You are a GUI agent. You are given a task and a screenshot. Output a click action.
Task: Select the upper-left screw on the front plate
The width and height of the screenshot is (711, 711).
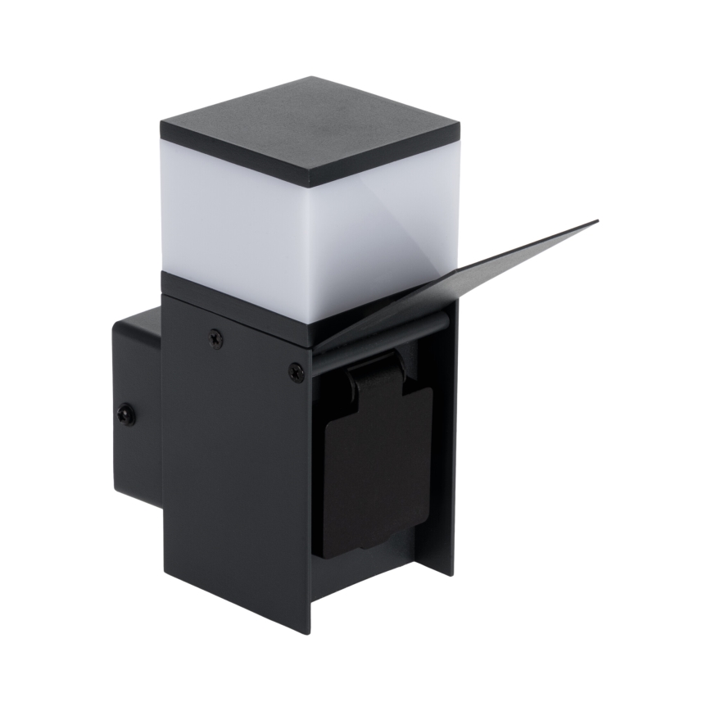pyautogui.click(x=215, y=337)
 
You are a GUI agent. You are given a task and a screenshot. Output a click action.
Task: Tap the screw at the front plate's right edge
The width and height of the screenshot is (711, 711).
pyautogui.click(x=296, y=373)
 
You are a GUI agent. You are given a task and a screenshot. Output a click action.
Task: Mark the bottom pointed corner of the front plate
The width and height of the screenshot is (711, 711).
pyautogui.click(x=309, y=631)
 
